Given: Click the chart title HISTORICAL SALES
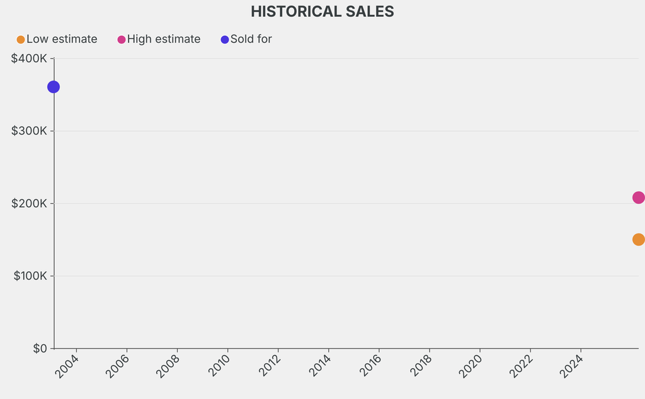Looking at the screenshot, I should pyautogui.click(x=322, y=12).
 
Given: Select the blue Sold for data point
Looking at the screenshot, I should pyautogui.click(x=54, y=87).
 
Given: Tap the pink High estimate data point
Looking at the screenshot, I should pyautogui.click(x=638, y=198).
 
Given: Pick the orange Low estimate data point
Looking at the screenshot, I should pyautogui.click(x=638, y=239).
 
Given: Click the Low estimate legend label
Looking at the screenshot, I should pyautogui.click(x=62, y=40).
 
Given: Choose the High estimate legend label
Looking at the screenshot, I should pyautogui.click(x=164, y=40).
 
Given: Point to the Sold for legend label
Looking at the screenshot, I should pyautogui.click(x=251, y=40).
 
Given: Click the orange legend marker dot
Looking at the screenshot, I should pyautogui.click(x=21, y=40).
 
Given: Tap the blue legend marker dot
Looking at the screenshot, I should pyautogui.click(x=225, y=40).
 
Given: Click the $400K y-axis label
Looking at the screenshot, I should pyautogui.click(x=30, y=59).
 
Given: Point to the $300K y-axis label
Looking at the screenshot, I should pyautogui.click(x=30, y=131).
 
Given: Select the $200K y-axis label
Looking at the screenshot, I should pyautogui.click(x=30, y=203).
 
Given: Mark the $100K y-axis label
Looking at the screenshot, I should pyautogui.click(x=30, y=276).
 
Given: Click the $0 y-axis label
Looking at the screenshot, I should pyautogui.click(x=40, y=349).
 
